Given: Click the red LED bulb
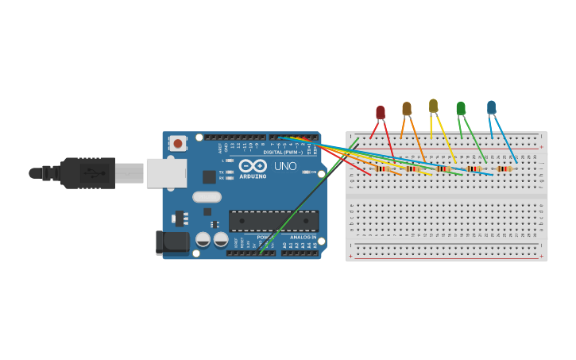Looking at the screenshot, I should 381,113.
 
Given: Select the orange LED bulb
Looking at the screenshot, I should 407,109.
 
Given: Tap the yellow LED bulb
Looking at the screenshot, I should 433,106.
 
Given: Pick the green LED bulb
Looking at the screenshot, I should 461,108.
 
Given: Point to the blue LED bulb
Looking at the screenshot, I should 491,106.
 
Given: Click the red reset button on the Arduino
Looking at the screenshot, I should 178,144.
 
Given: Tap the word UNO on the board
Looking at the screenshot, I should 285,166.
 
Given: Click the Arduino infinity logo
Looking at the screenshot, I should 253,166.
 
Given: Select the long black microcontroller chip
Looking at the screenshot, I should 273,220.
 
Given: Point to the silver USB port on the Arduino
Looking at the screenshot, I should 166,172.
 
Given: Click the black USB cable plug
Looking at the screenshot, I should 87,173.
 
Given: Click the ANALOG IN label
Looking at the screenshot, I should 302,237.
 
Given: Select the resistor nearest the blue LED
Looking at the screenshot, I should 504,168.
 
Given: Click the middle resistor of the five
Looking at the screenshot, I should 443,168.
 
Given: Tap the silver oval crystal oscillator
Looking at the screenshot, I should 207,197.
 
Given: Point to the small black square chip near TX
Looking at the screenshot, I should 209,176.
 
